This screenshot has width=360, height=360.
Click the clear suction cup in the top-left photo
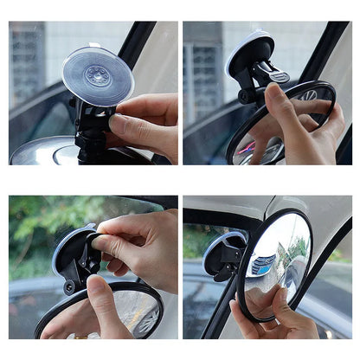point(97,74)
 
